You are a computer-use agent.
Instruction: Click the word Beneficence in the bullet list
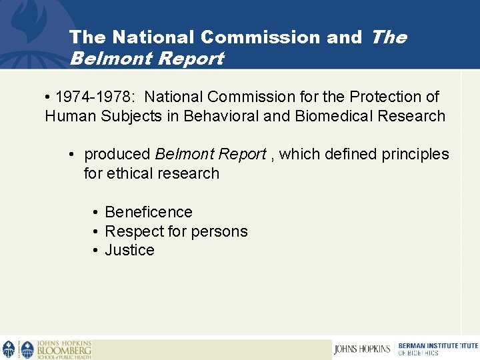149,212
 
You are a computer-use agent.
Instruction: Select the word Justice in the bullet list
129,250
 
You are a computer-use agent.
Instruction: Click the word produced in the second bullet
117,154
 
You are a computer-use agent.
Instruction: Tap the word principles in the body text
416,154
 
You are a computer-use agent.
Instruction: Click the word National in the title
150,37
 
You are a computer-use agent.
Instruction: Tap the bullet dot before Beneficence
96,213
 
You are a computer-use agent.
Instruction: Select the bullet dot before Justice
96,251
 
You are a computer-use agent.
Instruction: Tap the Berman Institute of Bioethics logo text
437,349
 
